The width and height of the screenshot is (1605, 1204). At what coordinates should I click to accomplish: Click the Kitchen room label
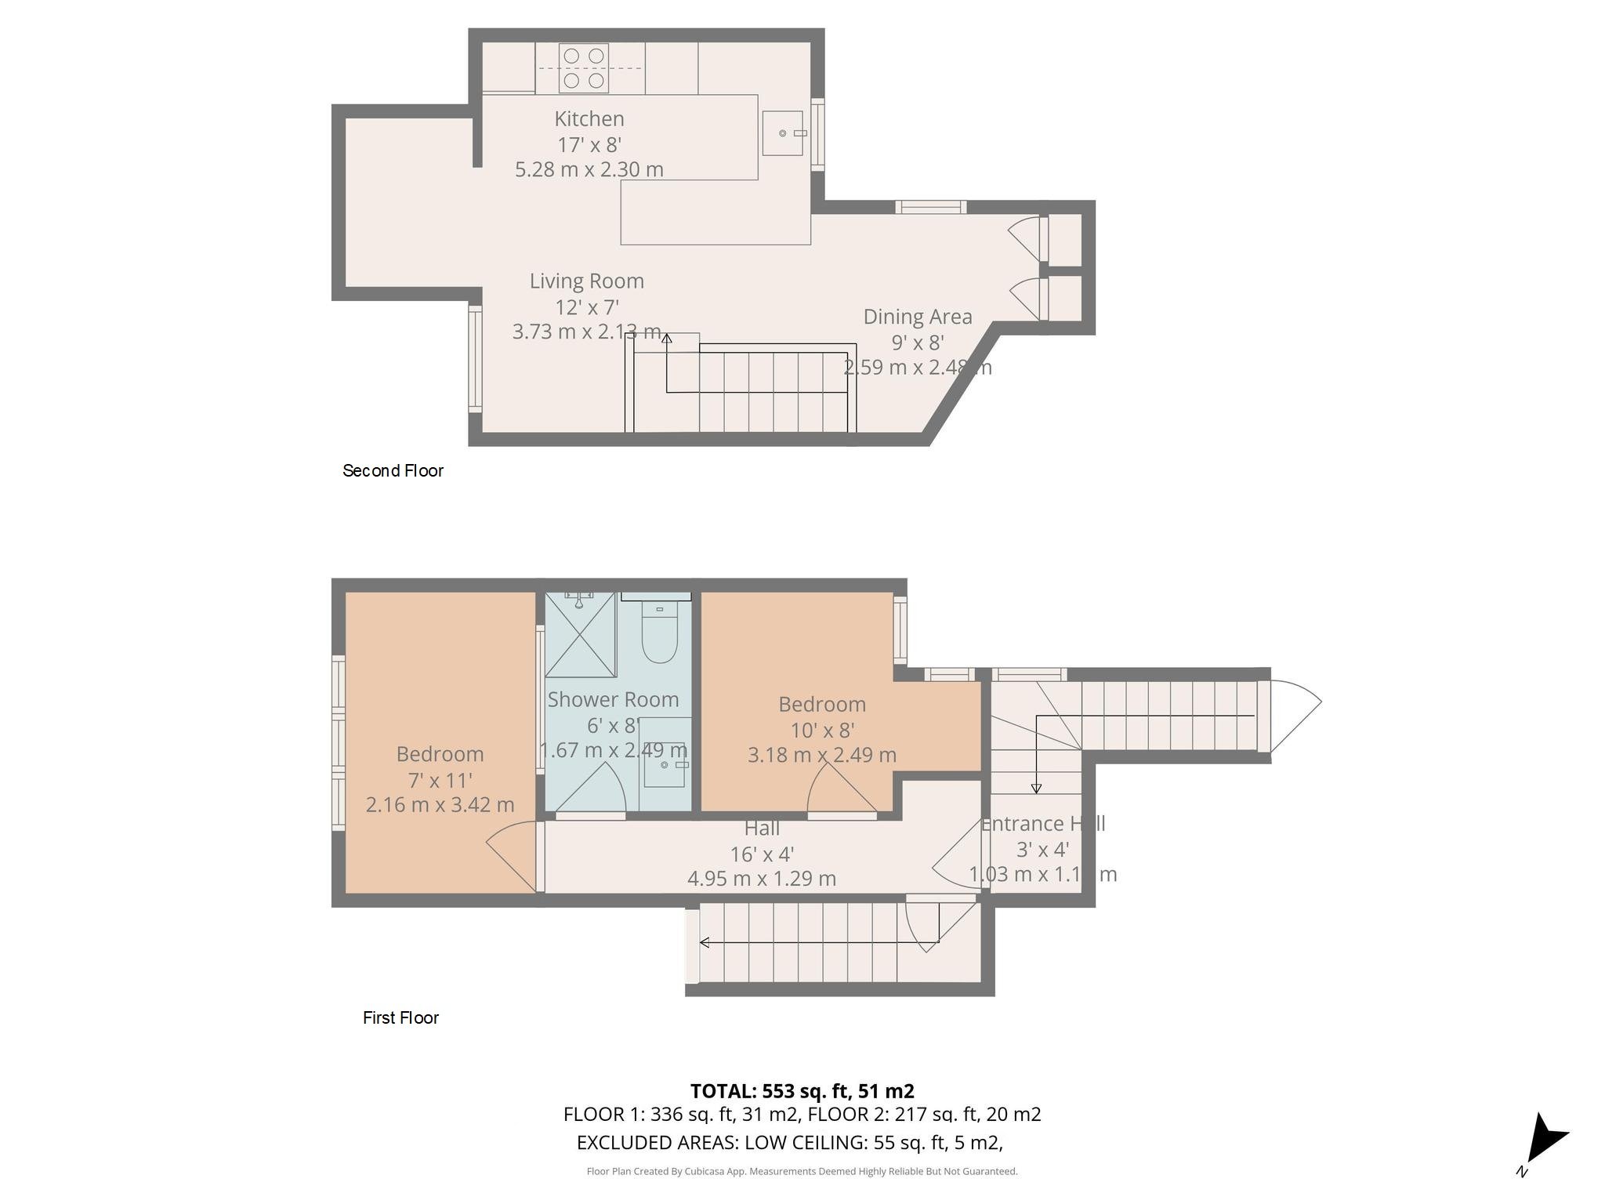(589, 119)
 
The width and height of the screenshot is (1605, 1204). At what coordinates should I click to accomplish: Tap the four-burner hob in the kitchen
(583, 68)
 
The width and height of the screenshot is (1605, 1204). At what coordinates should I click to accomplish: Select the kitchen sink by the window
(782, 133)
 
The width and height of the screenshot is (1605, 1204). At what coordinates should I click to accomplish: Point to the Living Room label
(586, 281)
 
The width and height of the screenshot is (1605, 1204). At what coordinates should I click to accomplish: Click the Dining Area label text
(917, 317)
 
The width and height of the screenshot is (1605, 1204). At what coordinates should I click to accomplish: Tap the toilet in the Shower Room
(659, 634)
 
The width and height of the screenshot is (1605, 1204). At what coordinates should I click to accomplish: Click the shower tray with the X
(581, 635)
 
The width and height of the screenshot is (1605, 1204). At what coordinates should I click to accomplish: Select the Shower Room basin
(665, 764)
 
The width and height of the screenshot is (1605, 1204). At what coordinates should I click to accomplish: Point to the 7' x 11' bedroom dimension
(440, 780)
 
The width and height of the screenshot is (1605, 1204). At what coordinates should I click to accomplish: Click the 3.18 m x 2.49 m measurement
(821, 755)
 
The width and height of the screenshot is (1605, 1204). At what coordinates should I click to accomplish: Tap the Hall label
(761, 828)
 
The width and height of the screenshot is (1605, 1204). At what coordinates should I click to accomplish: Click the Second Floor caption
(393, 470)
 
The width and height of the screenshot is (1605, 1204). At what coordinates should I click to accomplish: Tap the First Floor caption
(400, 1017)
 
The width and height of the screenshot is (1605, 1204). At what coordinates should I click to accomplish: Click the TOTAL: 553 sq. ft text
(801, 1090)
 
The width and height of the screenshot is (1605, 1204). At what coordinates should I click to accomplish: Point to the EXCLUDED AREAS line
(789, 1142)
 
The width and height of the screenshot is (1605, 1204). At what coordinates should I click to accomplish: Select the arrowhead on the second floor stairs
(666, 339)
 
